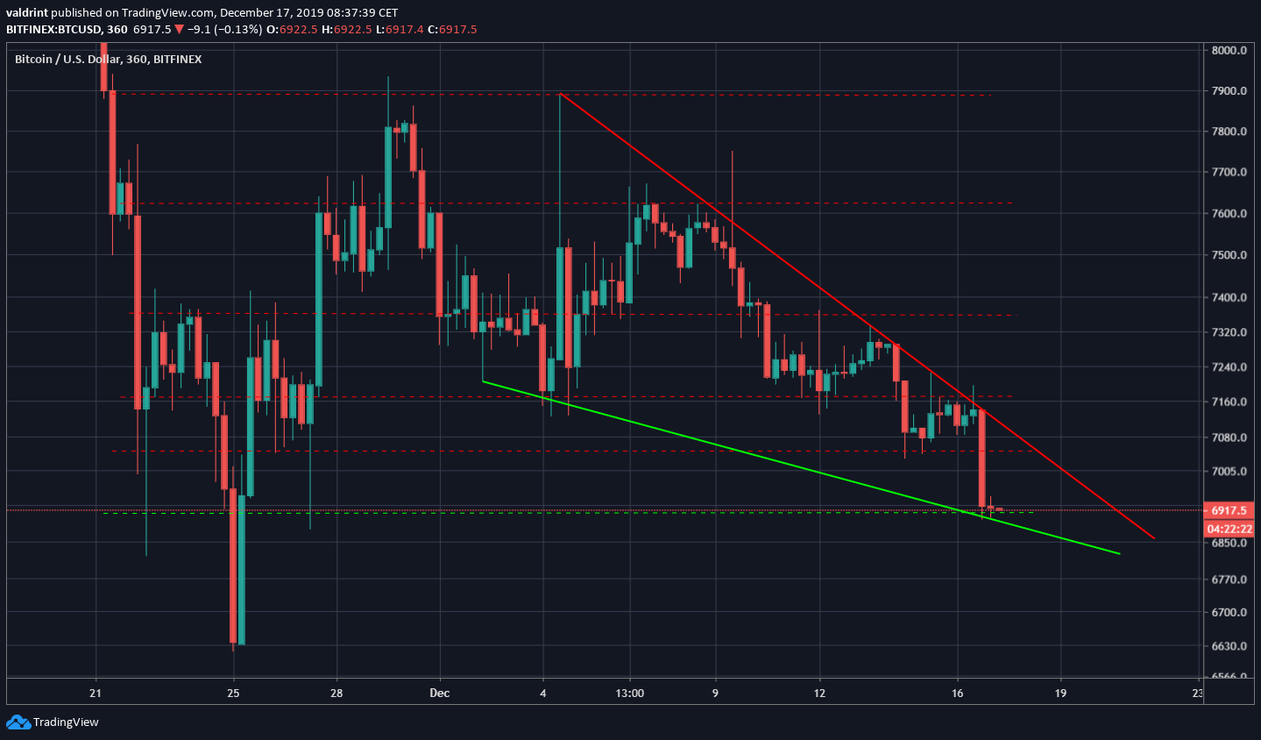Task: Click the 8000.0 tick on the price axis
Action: coord(1229,50)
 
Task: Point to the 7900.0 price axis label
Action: coord(1229,91)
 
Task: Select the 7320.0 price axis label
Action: coord(1229,333)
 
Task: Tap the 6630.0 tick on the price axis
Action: coord(1229,646)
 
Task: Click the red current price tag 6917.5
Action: coord(1229,510)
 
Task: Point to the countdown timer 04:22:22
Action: coord(1229,529)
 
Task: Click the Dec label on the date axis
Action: coord(440,694)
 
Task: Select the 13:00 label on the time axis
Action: coord(629,694)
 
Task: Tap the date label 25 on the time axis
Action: coord(233,694)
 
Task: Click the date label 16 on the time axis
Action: coord(957,694)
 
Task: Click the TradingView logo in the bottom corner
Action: coord(53,722)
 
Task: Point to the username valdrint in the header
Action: coord(26,12)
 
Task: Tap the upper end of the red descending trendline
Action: coord(560,93)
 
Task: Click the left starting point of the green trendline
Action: coord(483,381)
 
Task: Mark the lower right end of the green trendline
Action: coord(1120,554)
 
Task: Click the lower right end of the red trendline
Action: coord(1154,538)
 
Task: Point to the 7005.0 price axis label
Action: coord(1229,472)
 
